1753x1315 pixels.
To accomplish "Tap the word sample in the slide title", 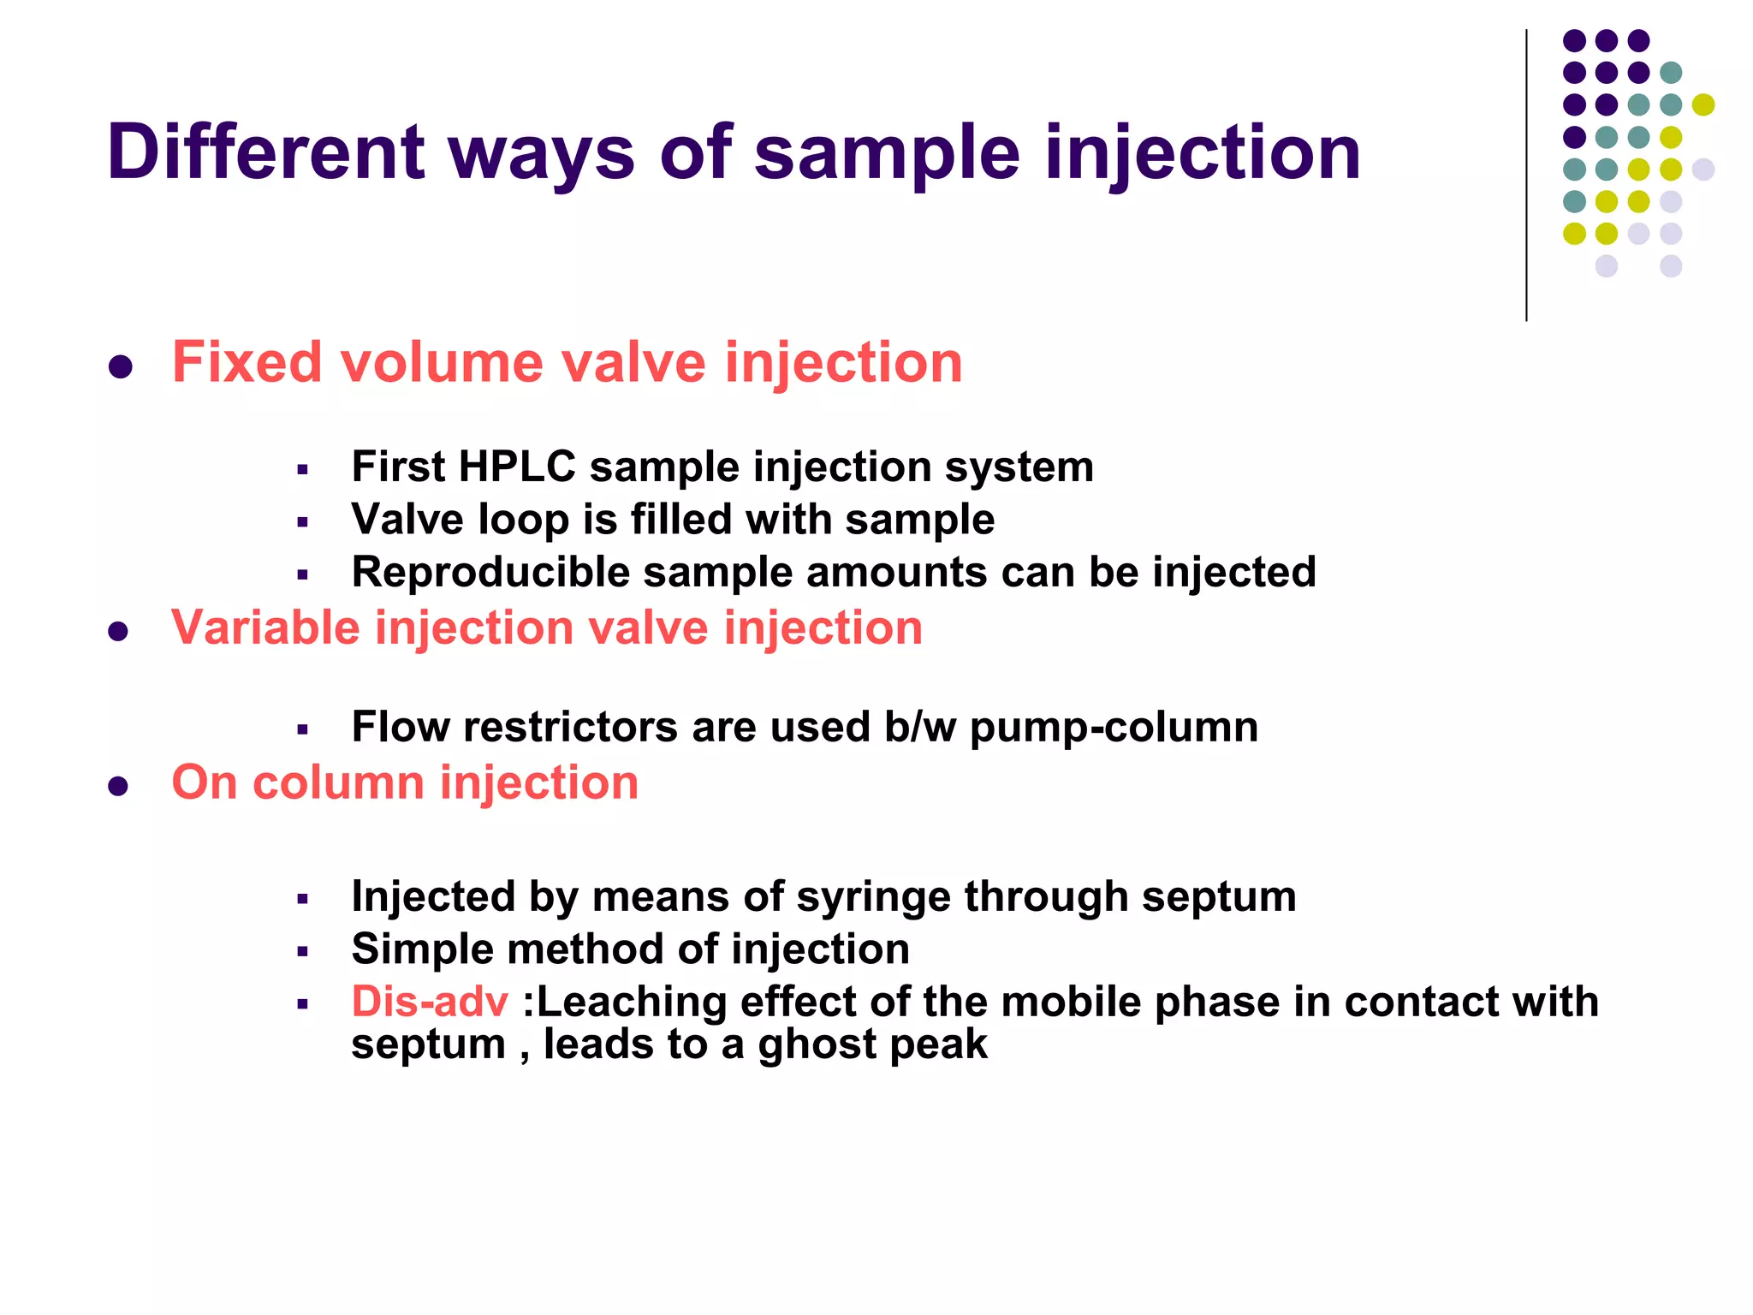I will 887,154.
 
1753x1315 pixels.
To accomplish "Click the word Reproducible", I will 490,573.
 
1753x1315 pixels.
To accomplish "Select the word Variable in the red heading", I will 265,628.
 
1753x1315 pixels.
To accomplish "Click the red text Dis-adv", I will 430,1002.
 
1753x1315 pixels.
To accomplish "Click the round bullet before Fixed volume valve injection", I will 120,367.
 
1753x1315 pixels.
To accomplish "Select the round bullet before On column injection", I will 118,786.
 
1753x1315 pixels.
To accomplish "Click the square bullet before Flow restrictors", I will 302,730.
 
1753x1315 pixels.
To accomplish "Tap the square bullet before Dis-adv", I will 302,1004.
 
